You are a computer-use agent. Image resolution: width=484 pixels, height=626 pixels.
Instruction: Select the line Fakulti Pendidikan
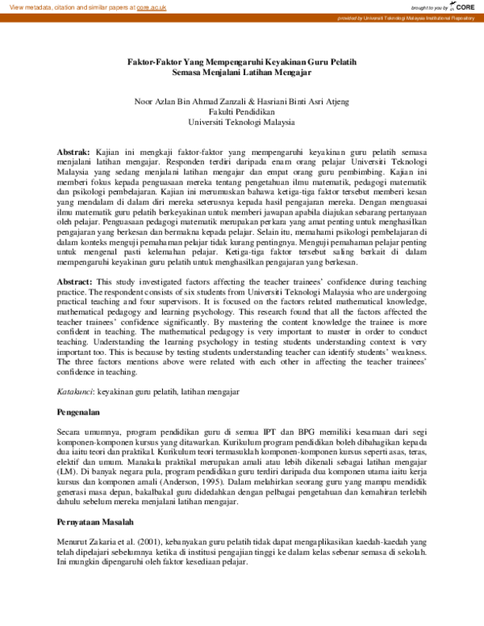click(x=242, y=111)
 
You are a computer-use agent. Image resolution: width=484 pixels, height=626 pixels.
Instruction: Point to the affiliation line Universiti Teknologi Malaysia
click(x=242, y=122)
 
